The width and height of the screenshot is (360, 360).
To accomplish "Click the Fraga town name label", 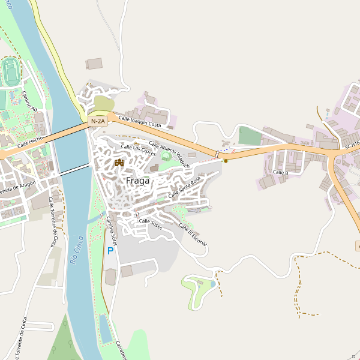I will pos(137,180).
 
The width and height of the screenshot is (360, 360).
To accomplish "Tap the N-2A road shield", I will pos(98,121).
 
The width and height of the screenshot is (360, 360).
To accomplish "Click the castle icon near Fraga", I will pos(119,163).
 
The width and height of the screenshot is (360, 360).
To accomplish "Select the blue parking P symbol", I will pos(110,251).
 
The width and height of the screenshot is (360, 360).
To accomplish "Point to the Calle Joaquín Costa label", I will pos(140,122).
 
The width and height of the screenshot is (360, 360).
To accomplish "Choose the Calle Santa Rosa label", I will pos(184,188).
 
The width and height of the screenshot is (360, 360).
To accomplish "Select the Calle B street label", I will pos(280,173).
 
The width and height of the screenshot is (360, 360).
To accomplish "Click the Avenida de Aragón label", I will pos(18,191).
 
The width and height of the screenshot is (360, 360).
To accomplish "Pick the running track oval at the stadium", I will pos(10,71).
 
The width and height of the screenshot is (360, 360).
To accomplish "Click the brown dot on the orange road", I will pos(226,160).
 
